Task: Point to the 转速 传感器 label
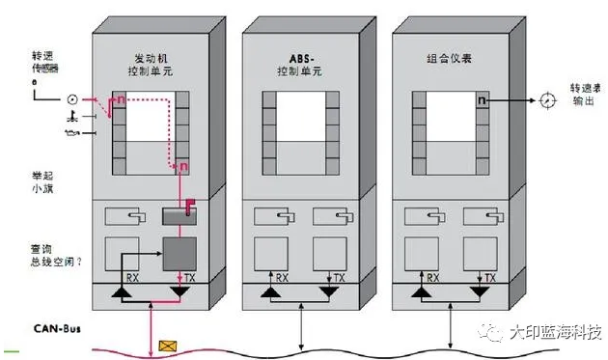point(45,66)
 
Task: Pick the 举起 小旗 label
point(45,183)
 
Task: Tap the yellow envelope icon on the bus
point(170,342)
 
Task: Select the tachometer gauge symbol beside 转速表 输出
point(547,98)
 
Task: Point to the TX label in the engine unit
point(188,278)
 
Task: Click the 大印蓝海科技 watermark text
point(555,333)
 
